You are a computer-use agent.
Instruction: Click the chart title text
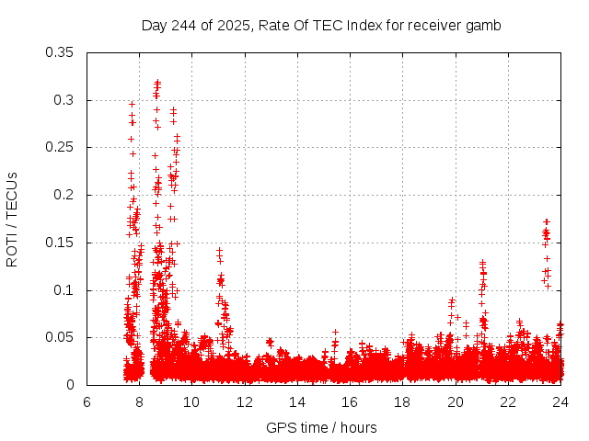pyautogui.click(x=321, y=26)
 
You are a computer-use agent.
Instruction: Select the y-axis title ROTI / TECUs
pyautogui.click(x=12, y=219)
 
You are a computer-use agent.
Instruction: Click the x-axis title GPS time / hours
pyautogui.click(x=321, y=427)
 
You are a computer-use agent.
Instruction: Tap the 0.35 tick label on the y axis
pyautogui.click(x=61, y=52)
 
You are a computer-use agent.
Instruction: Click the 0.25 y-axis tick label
pyautogui.click(x=61, y=147)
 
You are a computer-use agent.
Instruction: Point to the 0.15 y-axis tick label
pyautogui.click(x=61, y=243)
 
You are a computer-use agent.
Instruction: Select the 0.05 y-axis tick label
pyautogui.click(x=61, y=337)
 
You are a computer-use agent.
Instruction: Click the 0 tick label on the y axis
pyautogui.click(x=74, y=385)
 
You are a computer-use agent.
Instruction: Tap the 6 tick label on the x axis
pyautogui.click(x=87, y=401)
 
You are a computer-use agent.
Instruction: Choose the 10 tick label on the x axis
pyautogui.click(x=192, y=401)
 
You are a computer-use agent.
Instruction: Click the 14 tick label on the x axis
pyautogui.click(x=297, y=401)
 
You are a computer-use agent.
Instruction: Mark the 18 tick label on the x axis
pyautogui.click(x=402, y=401)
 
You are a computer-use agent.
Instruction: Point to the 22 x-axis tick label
pyautogui.click(x=507, y=401)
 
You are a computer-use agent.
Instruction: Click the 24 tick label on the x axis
pyautogui.click(x=560, y=401)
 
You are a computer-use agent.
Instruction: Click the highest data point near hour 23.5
pyautogui.click(x=547, y=221)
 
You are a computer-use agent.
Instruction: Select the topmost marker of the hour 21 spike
pyautogui.click(x=482, y=263)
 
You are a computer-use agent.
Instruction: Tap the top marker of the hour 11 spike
pyautogui.click(x=219, y=250)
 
